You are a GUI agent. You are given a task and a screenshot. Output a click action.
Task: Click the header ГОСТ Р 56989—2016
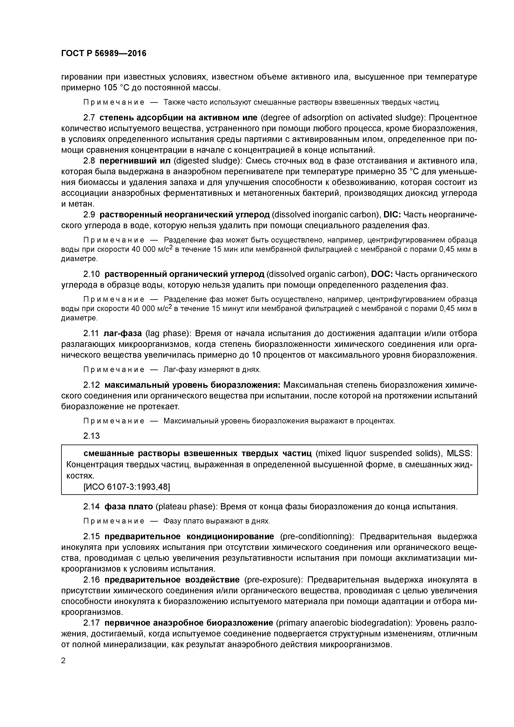(x=104, y=53)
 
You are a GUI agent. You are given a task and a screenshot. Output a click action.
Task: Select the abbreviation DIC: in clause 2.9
(x=392, y=215)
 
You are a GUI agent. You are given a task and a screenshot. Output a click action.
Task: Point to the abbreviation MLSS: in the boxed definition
(x=459, y=453)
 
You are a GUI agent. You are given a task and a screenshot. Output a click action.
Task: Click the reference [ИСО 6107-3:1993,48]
(x=126, y=487)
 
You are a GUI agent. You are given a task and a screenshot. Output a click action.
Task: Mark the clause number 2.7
(x=89, y=118)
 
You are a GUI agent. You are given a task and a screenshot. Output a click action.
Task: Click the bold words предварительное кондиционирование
(x=189, y=536)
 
